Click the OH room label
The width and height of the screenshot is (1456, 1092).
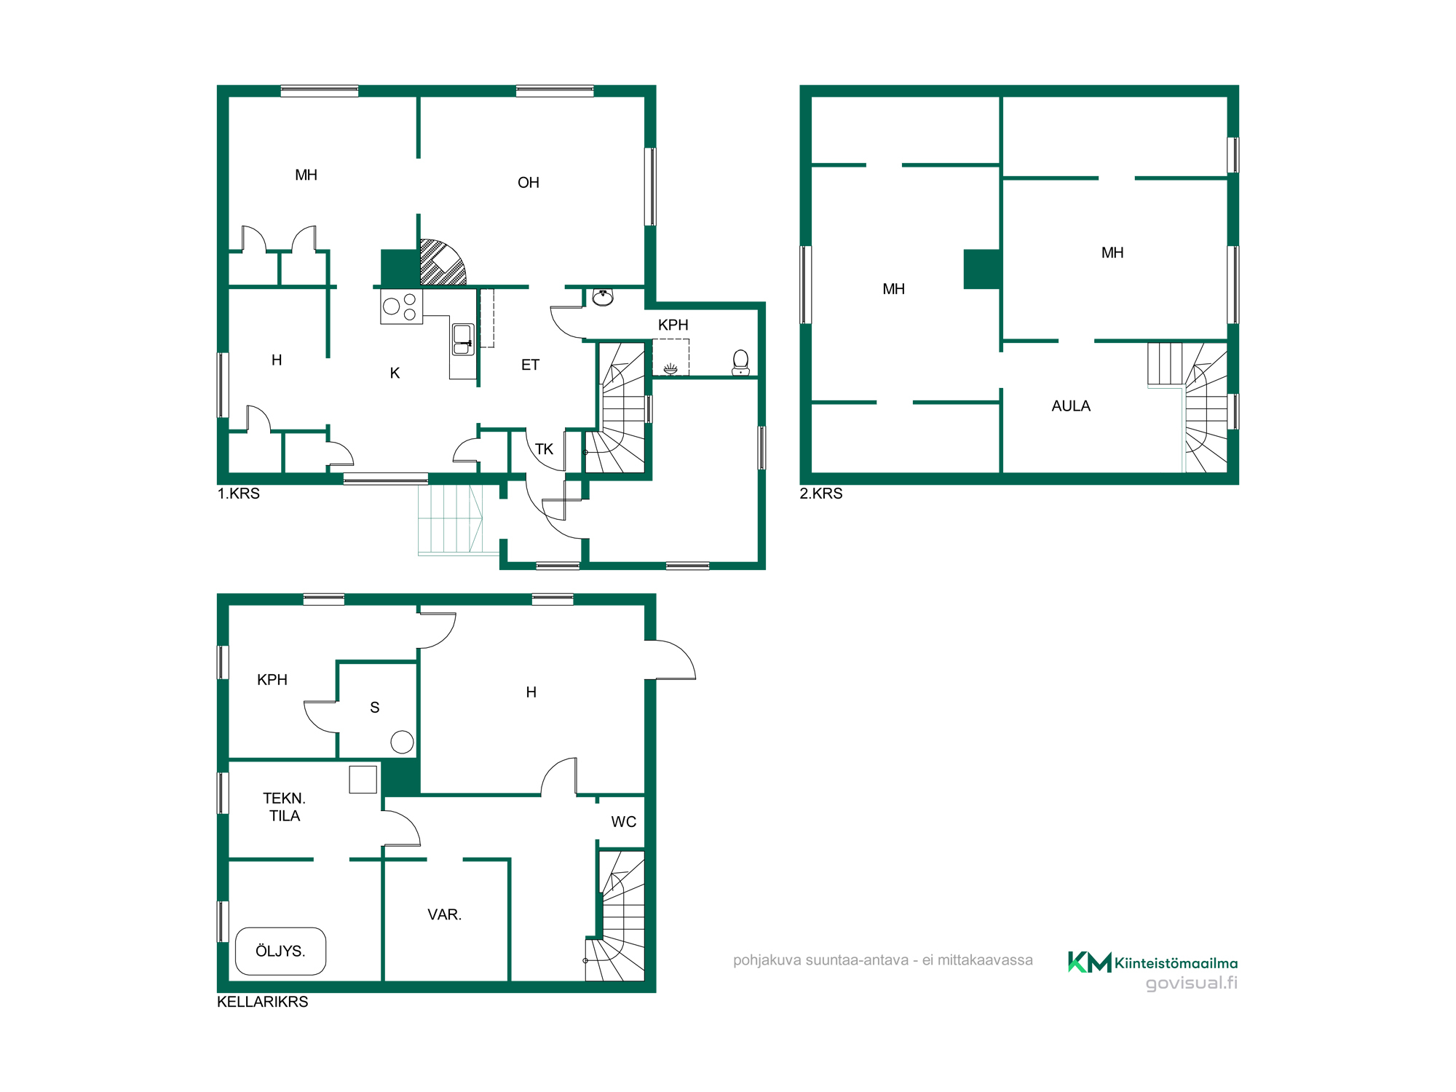tap(529, 183)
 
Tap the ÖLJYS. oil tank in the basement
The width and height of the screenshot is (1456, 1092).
tap(280, 951)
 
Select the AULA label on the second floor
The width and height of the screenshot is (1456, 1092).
tap(1071, 406)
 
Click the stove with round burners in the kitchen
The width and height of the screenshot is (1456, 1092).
tap(401, 306)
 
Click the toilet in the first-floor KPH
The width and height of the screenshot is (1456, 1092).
tap(741, 362)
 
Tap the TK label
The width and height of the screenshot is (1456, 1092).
tap(544, 449)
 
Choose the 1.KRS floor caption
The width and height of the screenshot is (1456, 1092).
tap(238, 494)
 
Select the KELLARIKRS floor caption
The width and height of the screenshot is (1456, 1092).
tap(262, 1002)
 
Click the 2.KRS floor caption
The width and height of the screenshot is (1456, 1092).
tap(820, 494)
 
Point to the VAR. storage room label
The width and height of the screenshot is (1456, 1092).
tap(444, 914)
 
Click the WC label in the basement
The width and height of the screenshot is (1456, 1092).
tap(623, 822)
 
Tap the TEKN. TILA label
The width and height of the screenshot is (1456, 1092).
tap(284, 807)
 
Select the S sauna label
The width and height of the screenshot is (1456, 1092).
tap(374, 708)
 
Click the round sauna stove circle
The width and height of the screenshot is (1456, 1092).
tap(402, 742)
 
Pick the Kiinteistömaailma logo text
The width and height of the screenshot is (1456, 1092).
tap(1176, 963)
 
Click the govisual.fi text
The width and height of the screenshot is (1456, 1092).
tap(1192, 983)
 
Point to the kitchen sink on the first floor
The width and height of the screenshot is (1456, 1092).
tap(462, 339)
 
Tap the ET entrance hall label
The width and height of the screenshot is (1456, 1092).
tap(530, 365)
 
